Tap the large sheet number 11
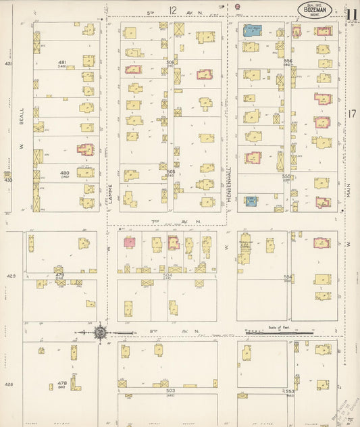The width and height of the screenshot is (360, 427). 351,16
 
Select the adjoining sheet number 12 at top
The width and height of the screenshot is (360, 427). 173,10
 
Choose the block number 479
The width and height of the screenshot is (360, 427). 59,275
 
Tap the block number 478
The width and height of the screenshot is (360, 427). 62,382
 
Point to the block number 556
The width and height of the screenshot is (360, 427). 288,61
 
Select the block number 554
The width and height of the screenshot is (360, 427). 288,276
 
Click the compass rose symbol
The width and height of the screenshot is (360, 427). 101,332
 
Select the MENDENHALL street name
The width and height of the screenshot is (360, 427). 229,179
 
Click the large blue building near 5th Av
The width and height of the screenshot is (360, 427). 253,30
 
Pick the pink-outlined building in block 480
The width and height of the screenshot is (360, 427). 85,149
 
